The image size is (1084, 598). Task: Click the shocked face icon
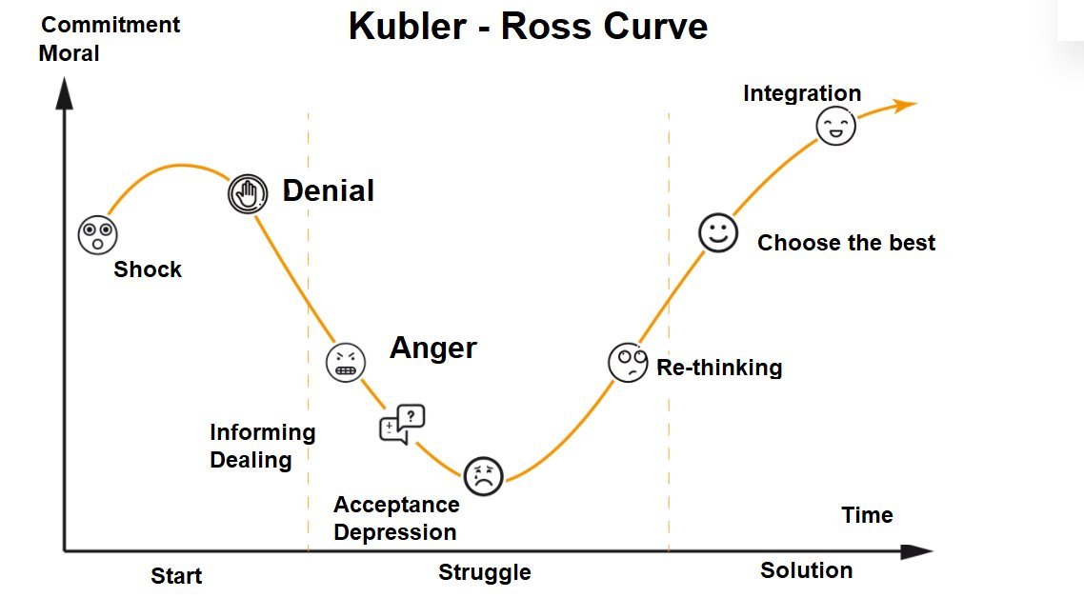(97, 234)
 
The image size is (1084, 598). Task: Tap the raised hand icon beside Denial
(247, 193)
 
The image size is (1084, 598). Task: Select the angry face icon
(346, 362)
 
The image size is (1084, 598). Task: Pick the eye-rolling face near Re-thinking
(628, 363)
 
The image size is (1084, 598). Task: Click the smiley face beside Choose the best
(718, 232)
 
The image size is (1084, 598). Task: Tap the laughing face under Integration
(836, 126)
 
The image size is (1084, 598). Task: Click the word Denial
(328, 191)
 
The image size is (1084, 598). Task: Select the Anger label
(432, 349)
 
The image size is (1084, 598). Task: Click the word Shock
(148, 269)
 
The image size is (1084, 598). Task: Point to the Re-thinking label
(719, 368)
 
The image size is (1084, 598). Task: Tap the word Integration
(802, 93)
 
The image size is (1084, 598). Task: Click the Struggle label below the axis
(484, 572)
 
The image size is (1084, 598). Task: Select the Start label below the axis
(176, 576)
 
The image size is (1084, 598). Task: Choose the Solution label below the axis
(806, 570)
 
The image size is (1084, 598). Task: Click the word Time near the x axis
(867, 515)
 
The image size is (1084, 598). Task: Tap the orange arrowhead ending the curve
(906, 104)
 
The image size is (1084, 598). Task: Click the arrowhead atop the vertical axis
(65, 92)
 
